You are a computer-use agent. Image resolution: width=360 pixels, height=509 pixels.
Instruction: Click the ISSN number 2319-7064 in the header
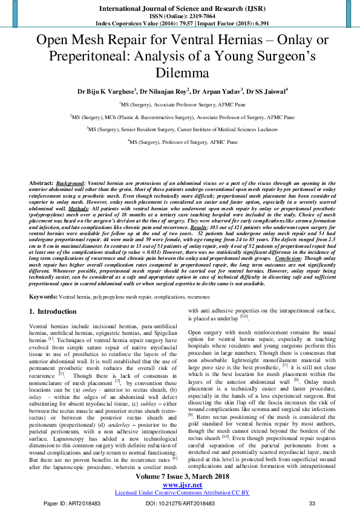click(197, 16)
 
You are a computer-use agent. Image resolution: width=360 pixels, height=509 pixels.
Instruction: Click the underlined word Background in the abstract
click(71, 182)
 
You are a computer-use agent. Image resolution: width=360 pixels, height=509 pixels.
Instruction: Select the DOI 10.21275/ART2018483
click(181, 503)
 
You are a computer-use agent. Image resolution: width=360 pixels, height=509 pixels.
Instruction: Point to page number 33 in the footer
click(312, 503)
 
